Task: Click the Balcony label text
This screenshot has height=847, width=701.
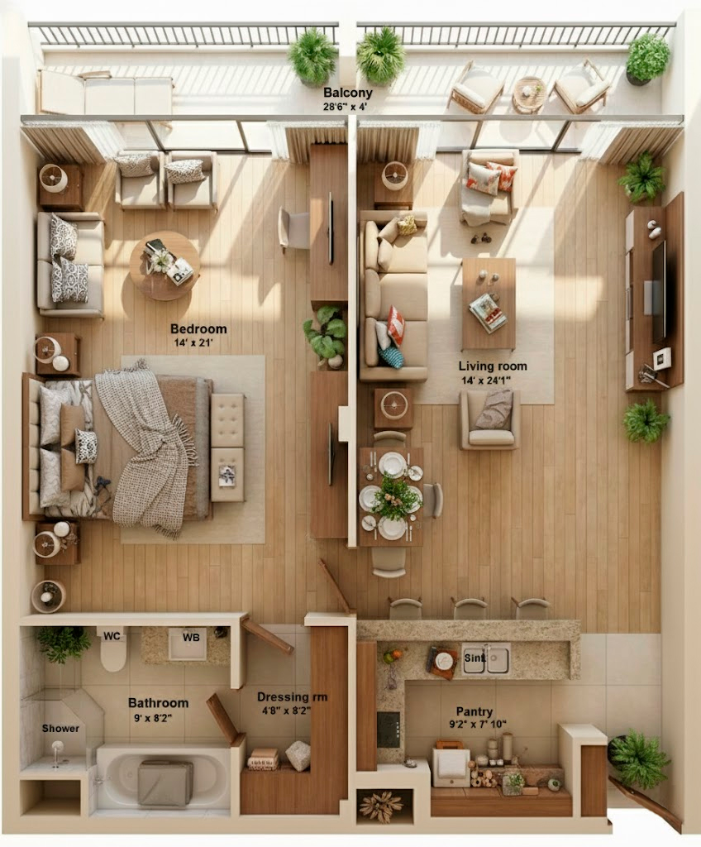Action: (347, 93)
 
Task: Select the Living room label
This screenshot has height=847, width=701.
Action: (493, 366)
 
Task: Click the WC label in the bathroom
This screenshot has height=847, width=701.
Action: (113, 636)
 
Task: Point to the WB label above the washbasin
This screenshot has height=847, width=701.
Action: (191, 636)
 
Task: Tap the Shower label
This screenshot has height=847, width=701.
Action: (61, 729)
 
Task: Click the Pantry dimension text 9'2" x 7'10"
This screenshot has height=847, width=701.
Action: (474, 725)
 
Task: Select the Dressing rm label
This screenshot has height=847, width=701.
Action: (292, 697)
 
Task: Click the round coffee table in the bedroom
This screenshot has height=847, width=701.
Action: (165, 266)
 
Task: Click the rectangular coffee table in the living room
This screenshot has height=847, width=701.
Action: (488, 303)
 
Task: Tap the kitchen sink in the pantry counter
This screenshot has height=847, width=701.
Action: (486, 659)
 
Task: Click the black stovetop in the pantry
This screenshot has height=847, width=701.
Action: (389, 729)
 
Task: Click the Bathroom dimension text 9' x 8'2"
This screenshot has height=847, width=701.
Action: (158, 718)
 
